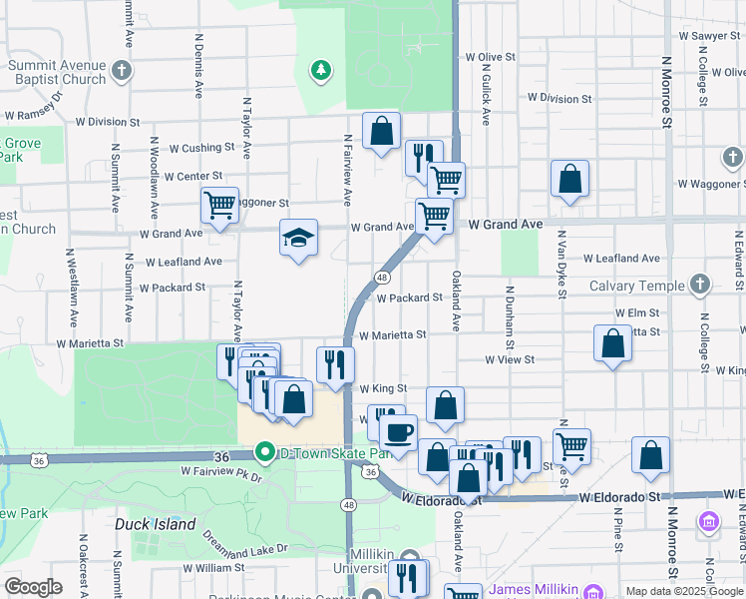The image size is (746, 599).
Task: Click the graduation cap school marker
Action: [298, 238]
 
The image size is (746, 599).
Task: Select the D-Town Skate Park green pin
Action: [264, 452]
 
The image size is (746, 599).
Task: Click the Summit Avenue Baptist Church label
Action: [57, 73]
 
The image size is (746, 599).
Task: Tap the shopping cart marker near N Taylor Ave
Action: [219, 206]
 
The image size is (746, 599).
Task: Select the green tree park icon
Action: [320, 69]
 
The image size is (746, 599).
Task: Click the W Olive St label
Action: [484, 57]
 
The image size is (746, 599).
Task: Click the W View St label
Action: [510, 359]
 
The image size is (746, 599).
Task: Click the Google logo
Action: [33, 587]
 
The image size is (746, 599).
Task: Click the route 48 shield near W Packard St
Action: [382, 277]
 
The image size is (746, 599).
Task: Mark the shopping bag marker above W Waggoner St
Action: [569, 179]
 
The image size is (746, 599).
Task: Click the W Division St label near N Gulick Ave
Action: [559, 99]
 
